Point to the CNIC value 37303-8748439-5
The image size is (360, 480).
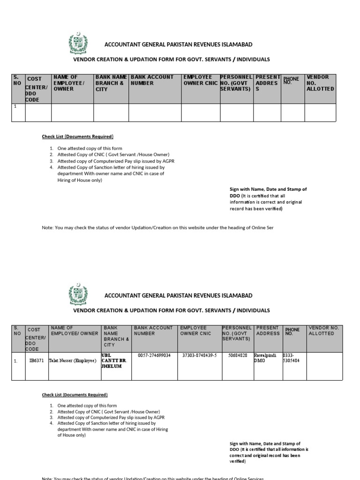coord(199,355)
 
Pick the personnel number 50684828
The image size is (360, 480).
coord(237,355)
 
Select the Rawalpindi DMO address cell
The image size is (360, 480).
coord(265,358)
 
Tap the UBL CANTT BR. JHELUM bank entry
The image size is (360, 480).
coord(114,360)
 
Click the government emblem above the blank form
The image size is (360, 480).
coord(77,44)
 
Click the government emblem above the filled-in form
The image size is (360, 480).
coord(77,295)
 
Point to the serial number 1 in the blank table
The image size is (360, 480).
coord(15,106)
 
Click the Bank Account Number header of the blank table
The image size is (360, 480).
coord(152,80)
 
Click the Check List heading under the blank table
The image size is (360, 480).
coord(78,136)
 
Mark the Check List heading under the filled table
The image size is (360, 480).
coord(75,395)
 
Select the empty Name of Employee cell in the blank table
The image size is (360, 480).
coord(72,112)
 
